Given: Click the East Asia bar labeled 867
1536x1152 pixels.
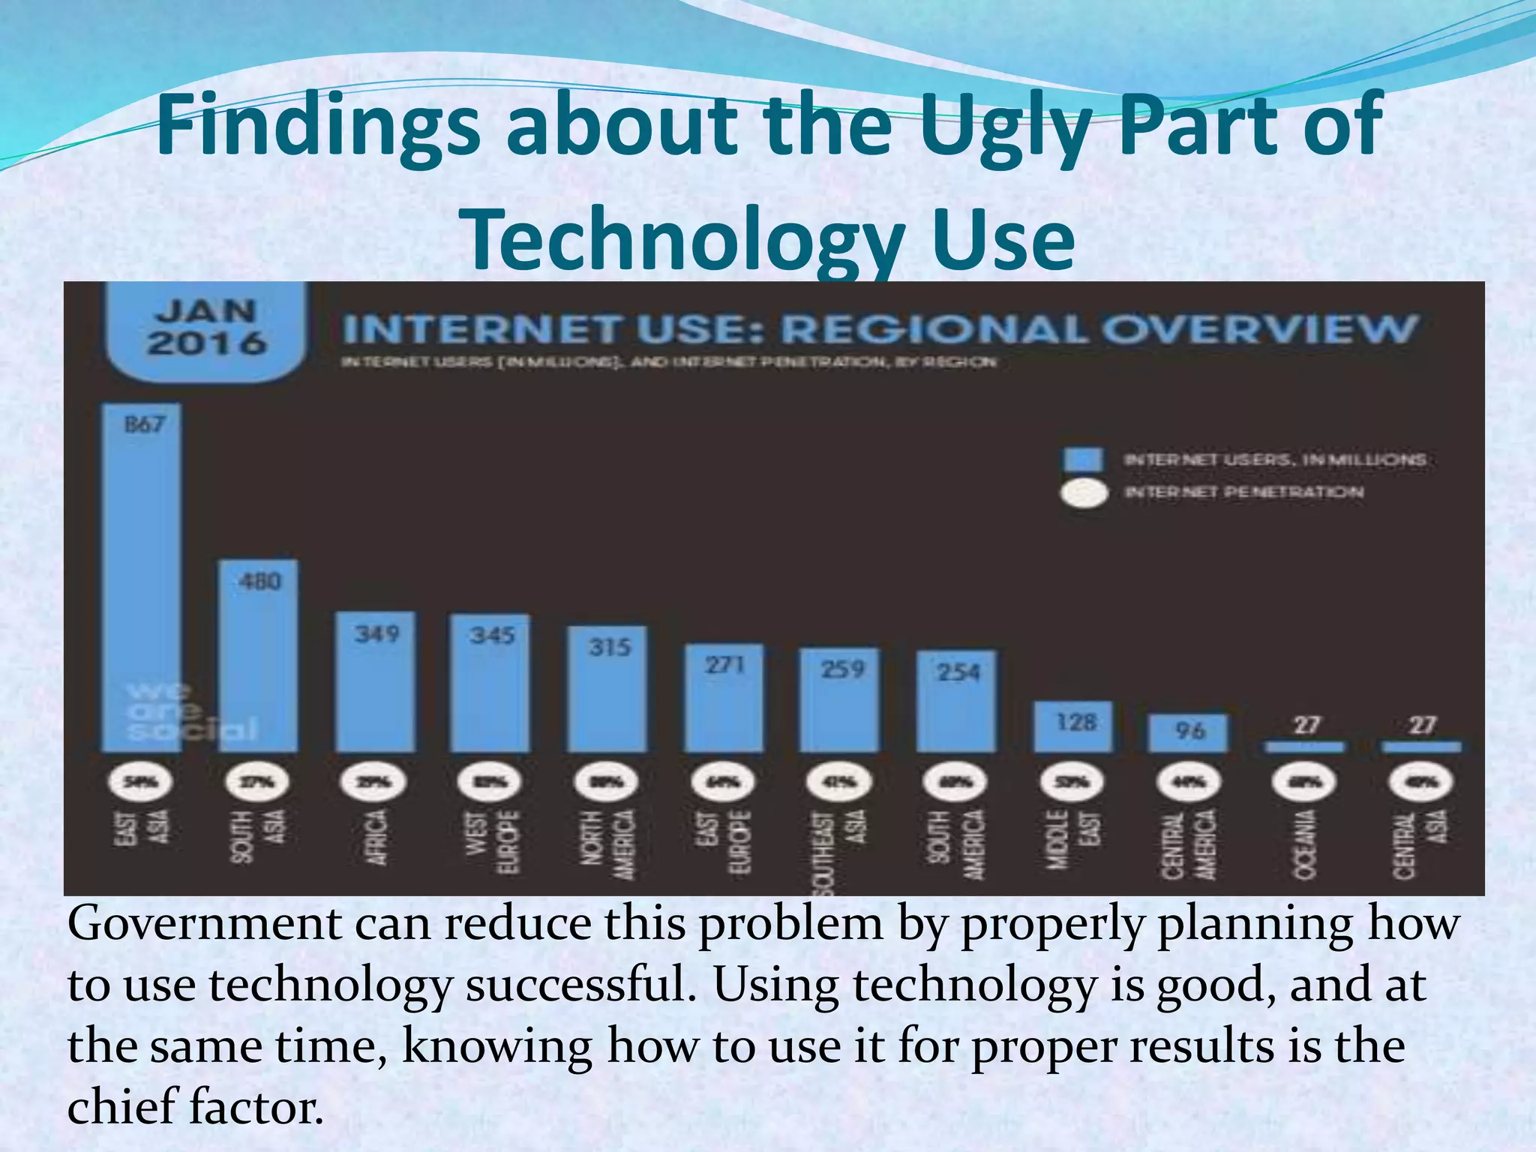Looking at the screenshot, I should (x=141, y=577).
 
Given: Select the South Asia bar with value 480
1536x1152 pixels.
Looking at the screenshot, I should (x=258, y=656).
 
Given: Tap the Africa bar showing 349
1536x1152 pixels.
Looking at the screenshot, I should (x=375, y=682).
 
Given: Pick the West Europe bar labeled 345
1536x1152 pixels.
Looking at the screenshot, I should (x=490, y=684).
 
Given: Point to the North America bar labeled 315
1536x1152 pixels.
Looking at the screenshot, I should (x=607, y=690).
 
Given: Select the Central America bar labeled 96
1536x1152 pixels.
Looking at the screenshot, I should (x=1188, y=733).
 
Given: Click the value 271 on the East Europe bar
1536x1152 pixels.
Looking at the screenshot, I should (x=724, y=664).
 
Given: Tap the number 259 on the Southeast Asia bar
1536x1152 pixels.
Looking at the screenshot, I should (x=842, y=668).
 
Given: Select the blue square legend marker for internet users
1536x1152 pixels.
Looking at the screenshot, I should (x=1083, y=460).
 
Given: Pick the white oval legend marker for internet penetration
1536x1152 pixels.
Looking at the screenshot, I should (x=1083, y=493).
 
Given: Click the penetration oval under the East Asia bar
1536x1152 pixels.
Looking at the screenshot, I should (x=141, y=782).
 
